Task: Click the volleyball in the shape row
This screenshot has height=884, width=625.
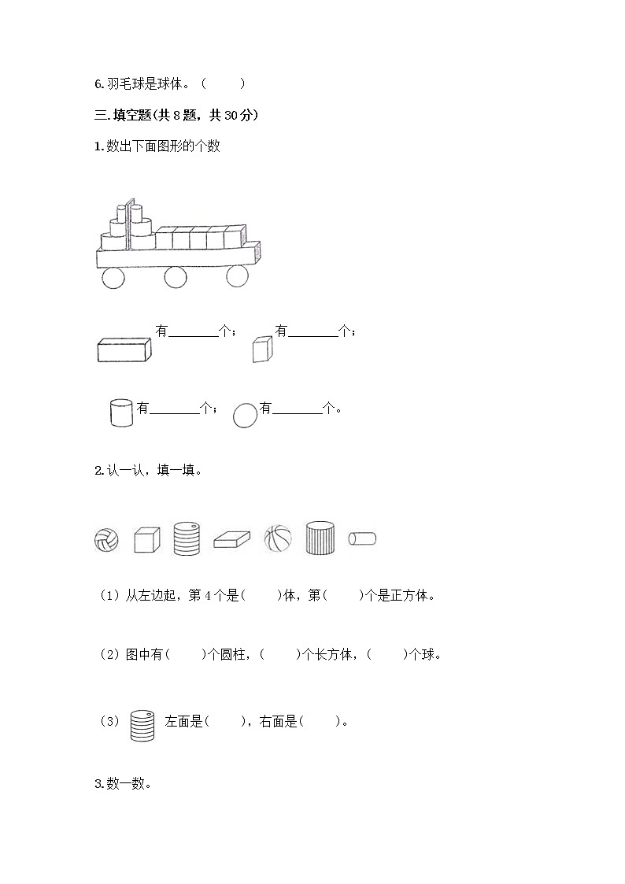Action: [106, 539]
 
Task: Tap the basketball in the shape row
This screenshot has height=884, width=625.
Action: [277, 538]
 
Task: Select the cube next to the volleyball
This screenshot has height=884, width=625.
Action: [146, 539]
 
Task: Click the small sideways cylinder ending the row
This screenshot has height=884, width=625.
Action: [362, 538]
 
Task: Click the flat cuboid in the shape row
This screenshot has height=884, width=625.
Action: [231, 539]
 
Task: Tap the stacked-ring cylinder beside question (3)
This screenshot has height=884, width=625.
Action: [142, 724]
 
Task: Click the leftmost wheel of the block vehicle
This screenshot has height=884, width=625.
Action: [113, 277]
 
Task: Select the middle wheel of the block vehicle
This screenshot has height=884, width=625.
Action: [176, 277]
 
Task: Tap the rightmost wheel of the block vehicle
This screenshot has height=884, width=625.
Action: [238, 277]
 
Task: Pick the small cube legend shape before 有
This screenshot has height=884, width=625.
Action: [262, 349]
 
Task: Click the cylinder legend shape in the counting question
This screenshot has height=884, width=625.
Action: [121, 413]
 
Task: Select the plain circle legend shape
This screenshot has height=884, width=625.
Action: [246, 415]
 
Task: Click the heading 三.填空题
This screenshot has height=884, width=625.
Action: [176, 116]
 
